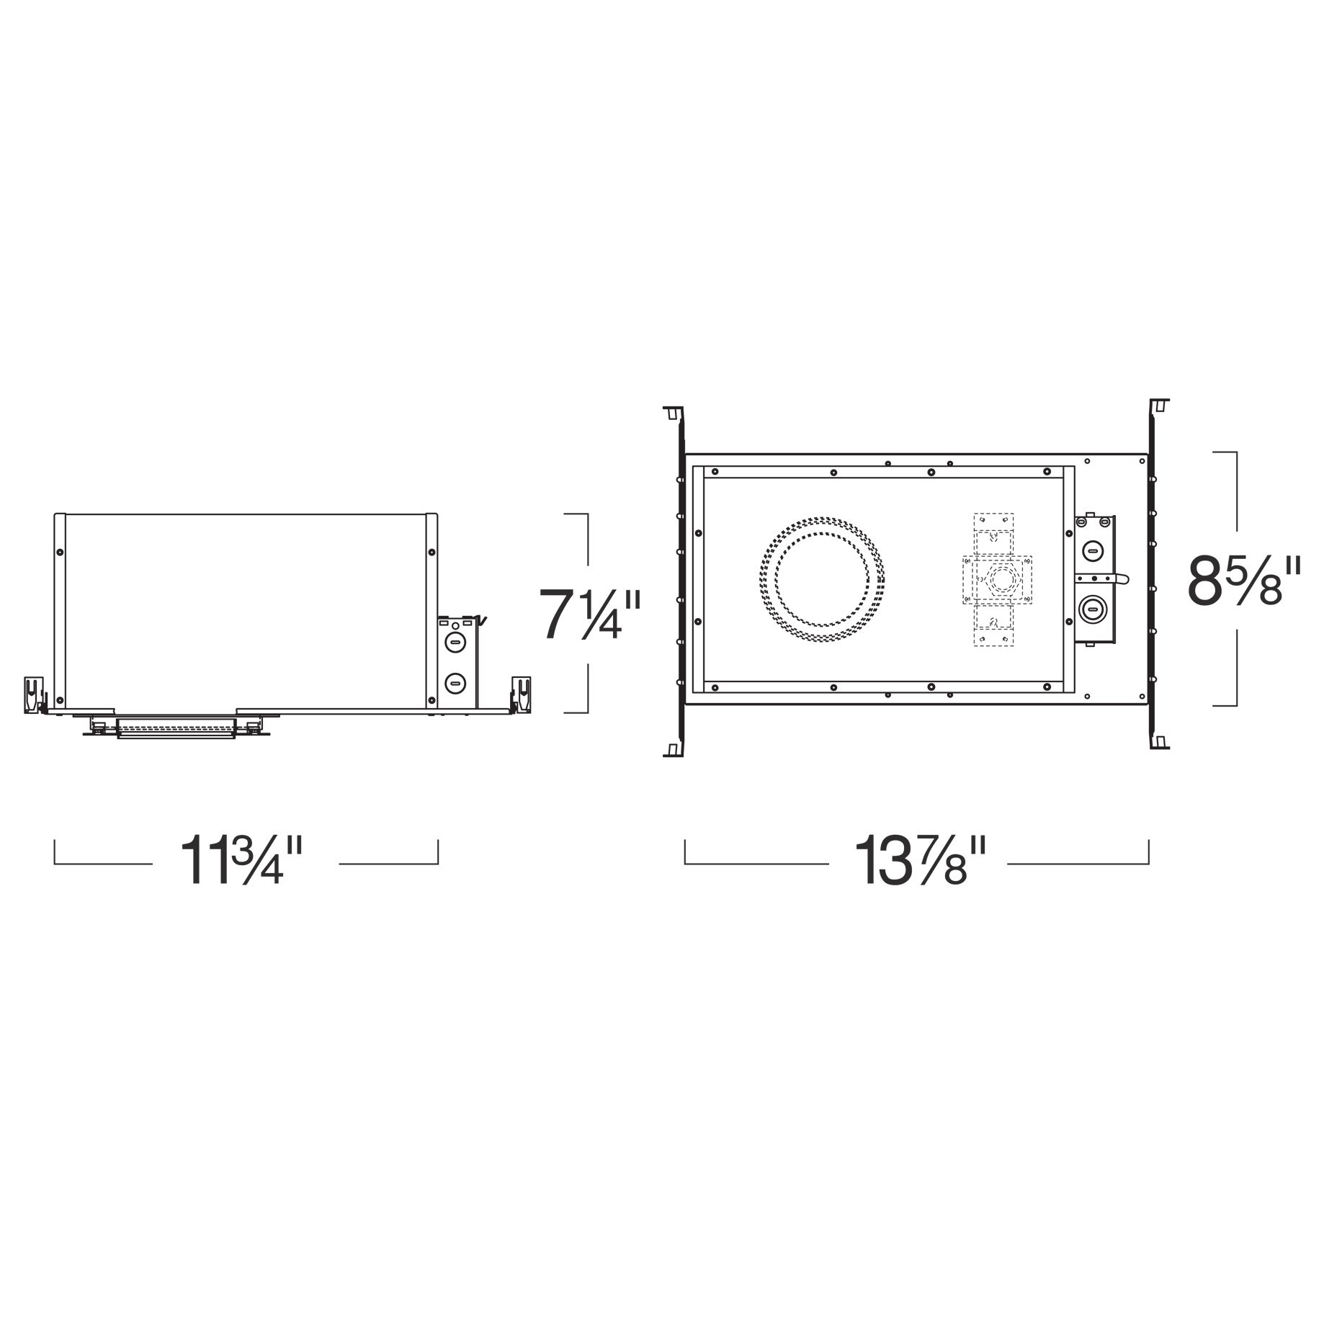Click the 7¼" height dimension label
[589, 613]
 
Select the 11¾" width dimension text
[246, 860]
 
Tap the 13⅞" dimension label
[918, 860]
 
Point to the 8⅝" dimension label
[1245, 578]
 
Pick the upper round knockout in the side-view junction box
[455, 640]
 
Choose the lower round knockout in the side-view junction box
[455, 681]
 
